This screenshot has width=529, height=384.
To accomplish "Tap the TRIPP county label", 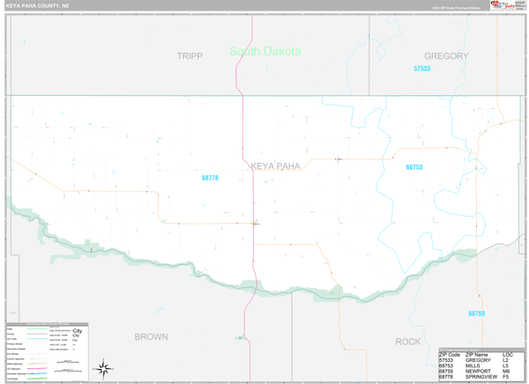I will click(x=190, y=56).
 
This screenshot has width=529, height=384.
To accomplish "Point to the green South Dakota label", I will click(x=264, y=51).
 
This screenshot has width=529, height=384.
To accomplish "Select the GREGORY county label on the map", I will click(x=445, y=56).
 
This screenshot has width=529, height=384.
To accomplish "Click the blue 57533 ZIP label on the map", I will click(x=422, y=69).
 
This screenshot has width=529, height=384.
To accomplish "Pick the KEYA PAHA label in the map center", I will click(x=275, y=165).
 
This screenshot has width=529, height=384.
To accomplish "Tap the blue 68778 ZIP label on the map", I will click(x=210, y=178).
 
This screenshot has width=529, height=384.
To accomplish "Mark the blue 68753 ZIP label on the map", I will click(x=414, y=166).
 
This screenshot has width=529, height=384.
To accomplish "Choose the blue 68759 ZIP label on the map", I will click(x=476, y=314).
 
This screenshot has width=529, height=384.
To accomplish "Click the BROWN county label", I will click(x=151, y=336).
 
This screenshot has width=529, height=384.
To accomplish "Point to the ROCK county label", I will click(x=408, y=341).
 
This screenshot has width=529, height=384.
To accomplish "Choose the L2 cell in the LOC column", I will click(x=506, y=359).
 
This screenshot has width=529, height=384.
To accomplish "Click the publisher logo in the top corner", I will click(x=504, y=5).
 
